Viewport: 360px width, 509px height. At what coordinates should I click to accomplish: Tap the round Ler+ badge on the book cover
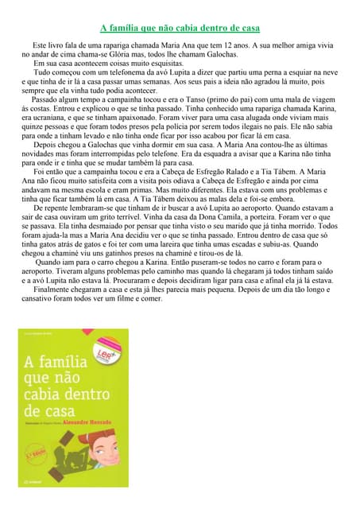tap(104, 358)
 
